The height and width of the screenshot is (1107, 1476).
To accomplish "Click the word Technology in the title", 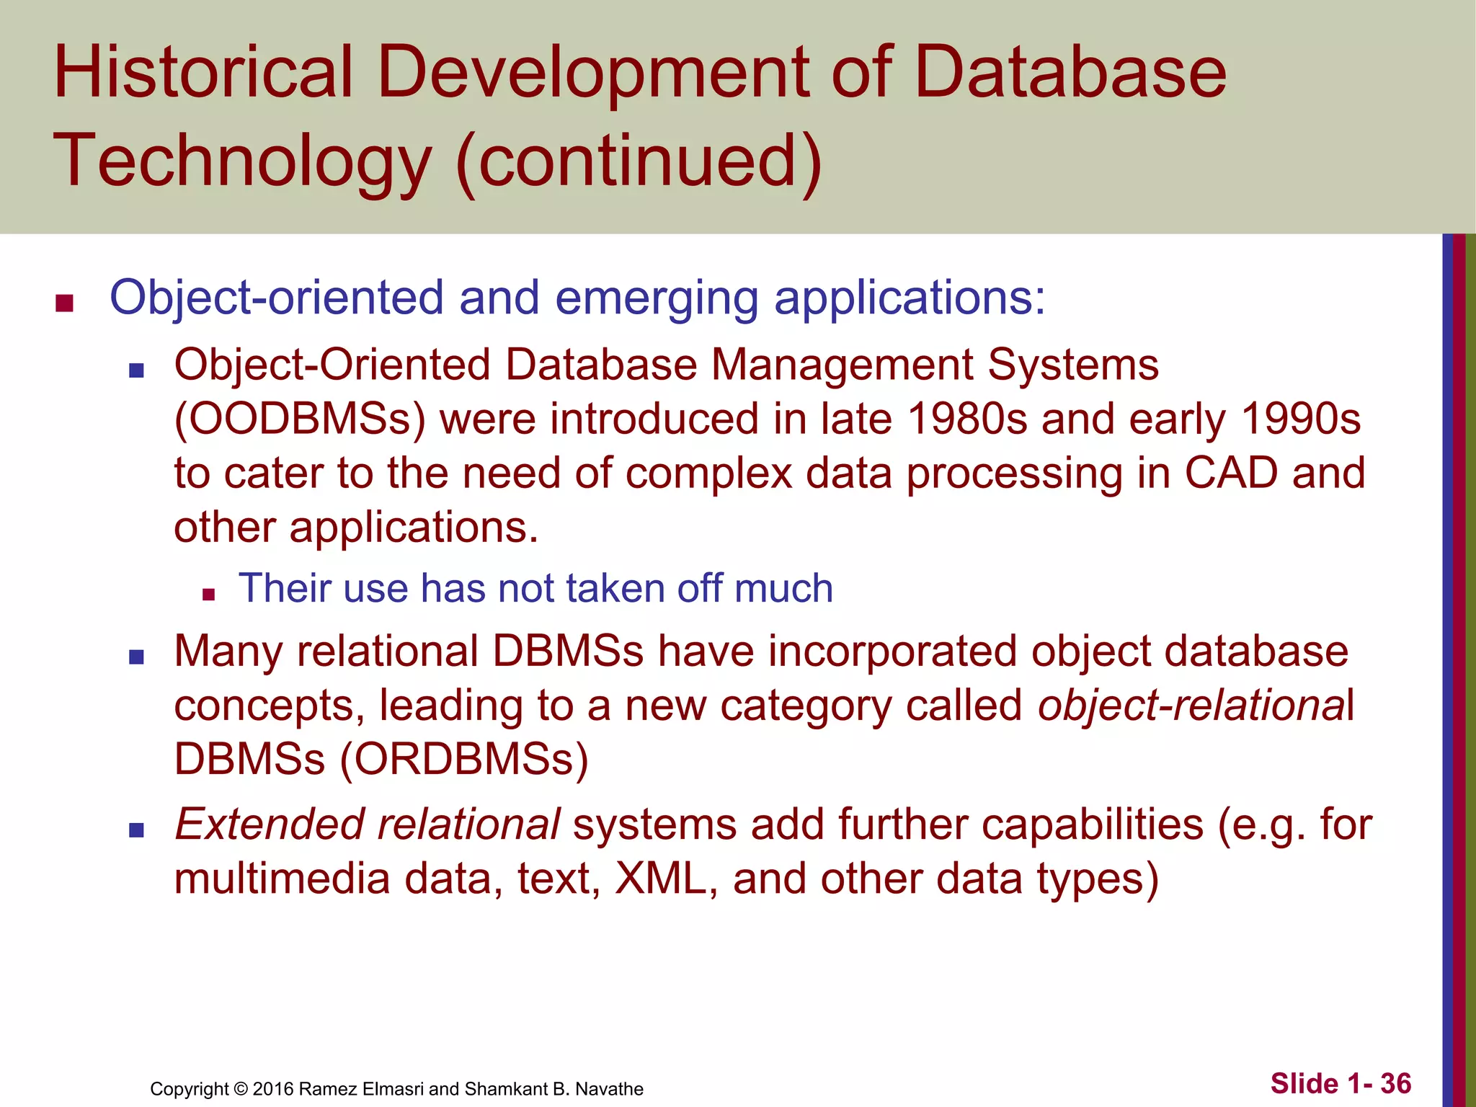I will click(241, 161).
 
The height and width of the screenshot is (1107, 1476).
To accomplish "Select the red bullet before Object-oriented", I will click(65, 303).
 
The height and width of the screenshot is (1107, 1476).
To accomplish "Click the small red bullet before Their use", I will click(209, 595).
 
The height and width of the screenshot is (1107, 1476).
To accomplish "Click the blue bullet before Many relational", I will click(136, 657).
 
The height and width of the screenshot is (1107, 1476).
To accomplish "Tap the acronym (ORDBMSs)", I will click(463, 760).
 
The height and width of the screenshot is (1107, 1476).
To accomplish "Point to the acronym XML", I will click(660, 879).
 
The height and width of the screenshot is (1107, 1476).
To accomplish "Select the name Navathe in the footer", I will click(609, 1089).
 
